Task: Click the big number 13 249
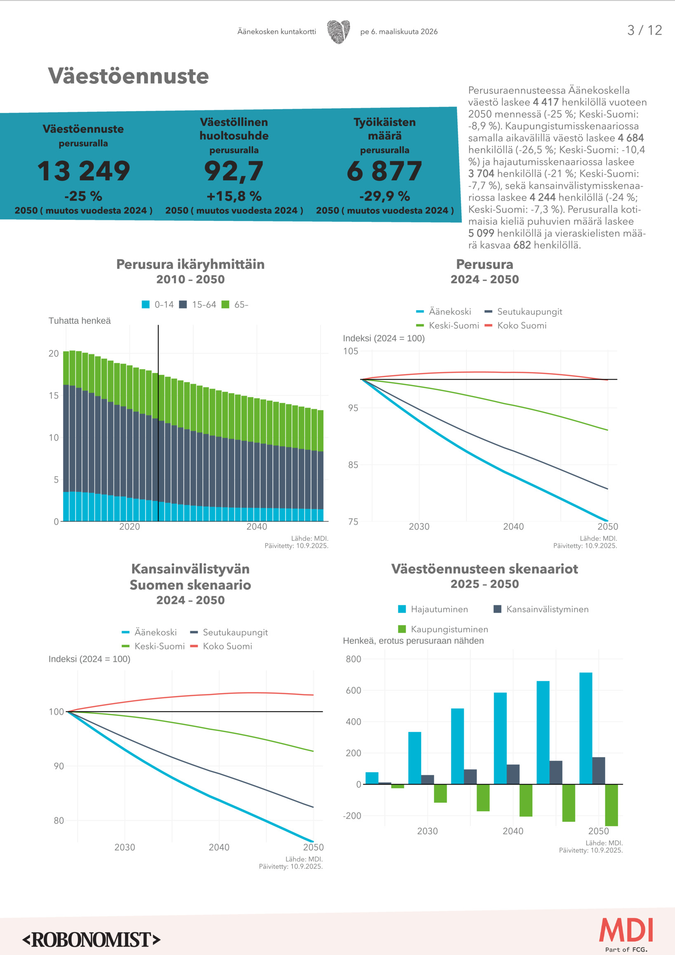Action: pyautogui.click(x=84, y=171)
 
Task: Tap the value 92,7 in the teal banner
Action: pyautogui.click(x=234, y=171)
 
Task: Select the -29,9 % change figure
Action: pyautogui.click(x=384, y=196)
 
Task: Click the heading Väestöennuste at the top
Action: pyautogui.click(x=128, y=76)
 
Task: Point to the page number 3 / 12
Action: pyautogui.click(x=644, y=31)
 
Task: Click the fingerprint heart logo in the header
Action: pyautogui.click(x=338, y=32)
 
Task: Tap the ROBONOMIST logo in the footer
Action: pyautogui.click(x=91, y=940)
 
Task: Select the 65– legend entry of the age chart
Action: pyautogui.click(x=236, y=304)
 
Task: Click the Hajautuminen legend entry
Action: pyautogui.click(x=433, y=609)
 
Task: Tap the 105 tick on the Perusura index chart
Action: pyautogui.click(x=351, y=351)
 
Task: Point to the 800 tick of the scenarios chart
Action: pyautogui.click(x=353, y=659)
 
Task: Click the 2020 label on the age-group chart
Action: pyautogui.click(x=129, y=526)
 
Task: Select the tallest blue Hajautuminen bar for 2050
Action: pyautogui.click(x=585, y=728)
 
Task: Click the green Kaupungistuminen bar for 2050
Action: pyautogui.click(x=611, y=805)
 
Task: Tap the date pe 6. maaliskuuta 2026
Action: pyautogui.click(x=399, y=32)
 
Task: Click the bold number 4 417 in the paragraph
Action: pyautogui.click(x=546, y=102)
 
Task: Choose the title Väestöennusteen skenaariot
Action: pyautogui.click(x=484, y=569)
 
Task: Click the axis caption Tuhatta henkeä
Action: pyautogui.click(x=80, y=321)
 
